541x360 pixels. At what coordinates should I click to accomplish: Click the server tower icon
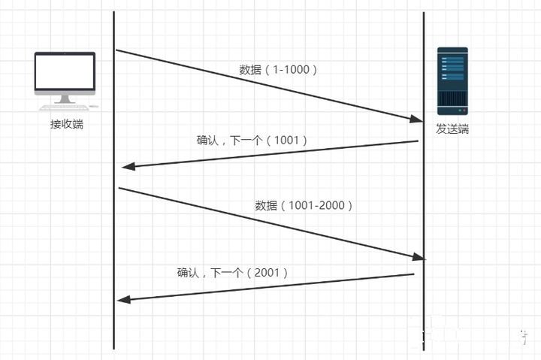(452, 80)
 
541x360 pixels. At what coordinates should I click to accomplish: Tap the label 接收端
(66, 124)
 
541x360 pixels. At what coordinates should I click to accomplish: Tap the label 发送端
(452, 129)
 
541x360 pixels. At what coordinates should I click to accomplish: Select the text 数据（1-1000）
(279, 70)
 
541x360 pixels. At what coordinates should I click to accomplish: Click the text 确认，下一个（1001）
(252, 140)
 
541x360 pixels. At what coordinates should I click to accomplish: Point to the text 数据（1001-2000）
(304, 205)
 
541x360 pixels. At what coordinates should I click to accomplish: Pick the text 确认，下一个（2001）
(232, 272)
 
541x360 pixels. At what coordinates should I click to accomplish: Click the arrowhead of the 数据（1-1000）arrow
(417, 119)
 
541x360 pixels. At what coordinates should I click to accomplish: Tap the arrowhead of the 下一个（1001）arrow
(127, 166)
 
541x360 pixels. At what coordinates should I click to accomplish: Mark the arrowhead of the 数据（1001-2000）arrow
(418, 257)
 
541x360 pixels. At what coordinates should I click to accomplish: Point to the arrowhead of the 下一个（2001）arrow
(124, 300)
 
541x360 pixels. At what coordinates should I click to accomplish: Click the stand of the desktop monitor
(65, 98)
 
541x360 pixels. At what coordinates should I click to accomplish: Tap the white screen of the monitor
(65, 73)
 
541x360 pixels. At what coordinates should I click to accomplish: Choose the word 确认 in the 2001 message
(188, 272)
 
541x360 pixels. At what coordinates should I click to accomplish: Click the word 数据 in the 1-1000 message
(250, 70)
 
